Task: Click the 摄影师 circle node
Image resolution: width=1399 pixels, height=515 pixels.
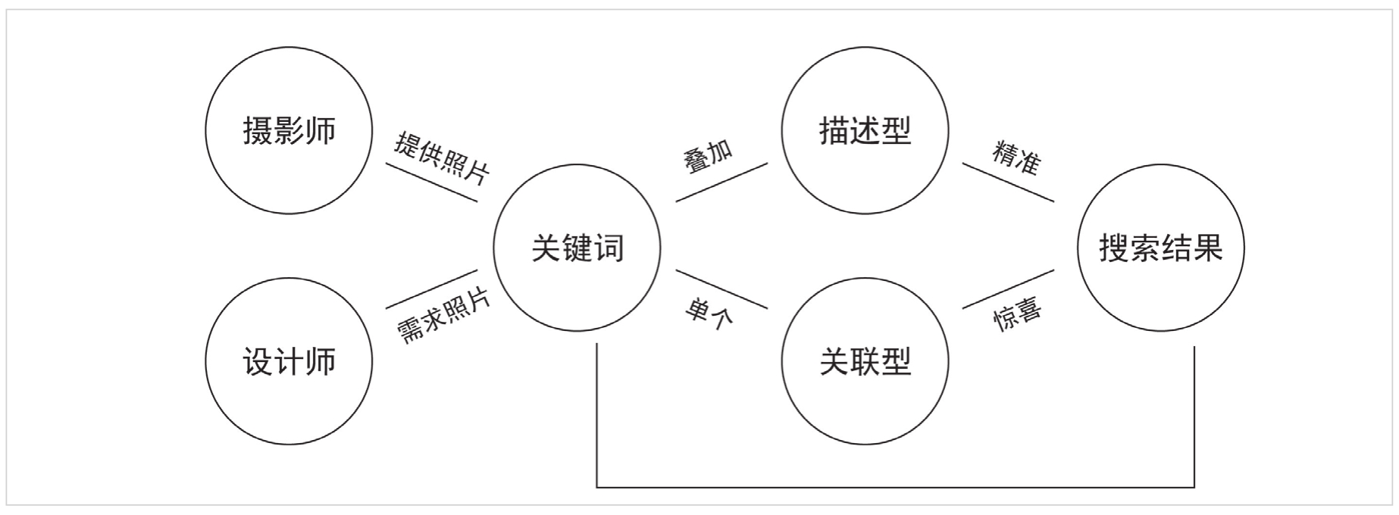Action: click(x=289, y=130)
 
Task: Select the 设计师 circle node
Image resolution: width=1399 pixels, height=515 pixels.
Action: click(x=289, y=361)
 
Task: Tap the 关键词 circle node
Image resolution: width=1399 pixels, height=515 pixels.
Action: click(x=577, y=248)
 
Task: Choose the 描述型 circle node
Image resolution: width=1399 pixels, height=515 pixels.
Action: click(x=865, y=130)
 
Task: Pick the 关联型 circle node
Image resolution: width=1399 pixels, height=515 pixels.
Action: click(x=865, y=361)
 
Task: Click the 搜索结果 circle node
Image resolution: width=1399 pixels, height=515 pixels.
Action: click(x=1160, y=248)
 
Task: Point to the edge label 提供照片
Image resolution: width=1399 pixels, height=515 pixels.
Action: click(x=442, y=159)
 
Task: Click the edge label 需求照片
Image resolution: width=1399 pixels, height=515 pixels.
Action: click(x=444, y=317)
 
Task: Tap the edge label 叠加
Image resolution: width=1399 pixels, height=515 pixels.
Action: click(x=709, y=156)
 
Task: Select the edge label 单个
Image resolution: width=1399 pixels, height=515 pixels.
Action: click(x=709, y=311)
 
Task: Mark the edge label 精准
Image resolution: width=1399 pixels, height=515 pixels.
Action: click(x=1017, y=158)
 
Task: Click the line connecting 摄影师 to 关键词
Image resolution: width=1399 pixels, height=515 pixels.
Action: click(x=432, y=183)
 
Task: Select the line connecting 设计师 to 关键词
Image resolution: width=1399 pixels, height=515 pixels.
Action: click(x=432, y=289)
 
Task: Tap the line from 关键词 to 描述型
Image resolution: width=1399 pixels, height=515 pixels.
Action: click(x=721, y=183)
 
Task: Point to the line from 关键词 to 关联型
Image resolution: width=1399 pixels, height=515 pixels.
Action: click(x=721, y=289)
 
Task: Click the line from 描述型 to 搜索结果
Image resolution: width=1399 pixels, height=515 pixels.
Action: click(x=1008, y=183)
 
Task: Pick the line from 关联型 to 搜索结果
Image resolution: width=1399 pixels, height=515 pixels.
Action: click(x=1008, y=289)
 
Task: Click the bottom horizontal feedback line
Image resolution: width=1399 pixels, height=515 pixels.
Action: click(x=896, y=487)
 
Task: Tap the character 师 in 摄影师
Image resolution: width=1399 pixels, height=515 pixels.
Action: click(x=321, y=130)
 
